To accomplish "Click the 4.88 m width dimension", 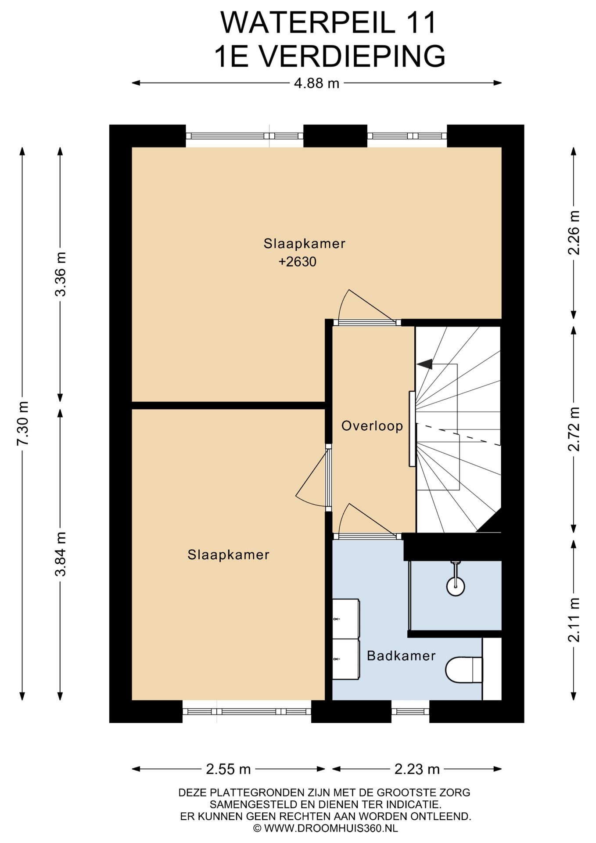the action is [x=316, y=83].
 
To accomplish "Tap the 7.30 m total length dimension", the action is [x=23, y=423].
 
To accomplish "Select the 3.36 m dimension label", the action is [x=60, y=274].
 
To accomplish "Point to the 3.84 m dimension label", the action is [x=60, y=554].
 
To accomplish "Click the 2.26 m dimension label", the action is [x=574, y=233].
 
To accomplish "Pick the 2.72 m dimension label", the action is [x=574, y=429].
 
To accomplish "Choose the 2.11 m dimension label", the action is [x=574, y=620].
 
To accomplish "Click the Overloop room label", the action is [x=372, y=426].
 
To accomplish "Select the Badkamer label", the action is [x=401, y=656].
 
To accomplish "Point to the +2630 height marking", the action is [x=298, y=262].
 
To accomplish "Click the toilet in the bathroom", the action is [x=464, y=670].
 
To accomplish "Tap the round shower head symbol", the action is [x=456, y=586].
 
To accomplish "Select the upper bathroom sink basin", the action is [x=346, y=619].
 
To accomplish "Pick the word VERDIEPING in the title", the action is [x=352, y=56].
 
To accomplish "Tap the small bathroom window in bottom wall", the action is [x=410, y=712].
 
